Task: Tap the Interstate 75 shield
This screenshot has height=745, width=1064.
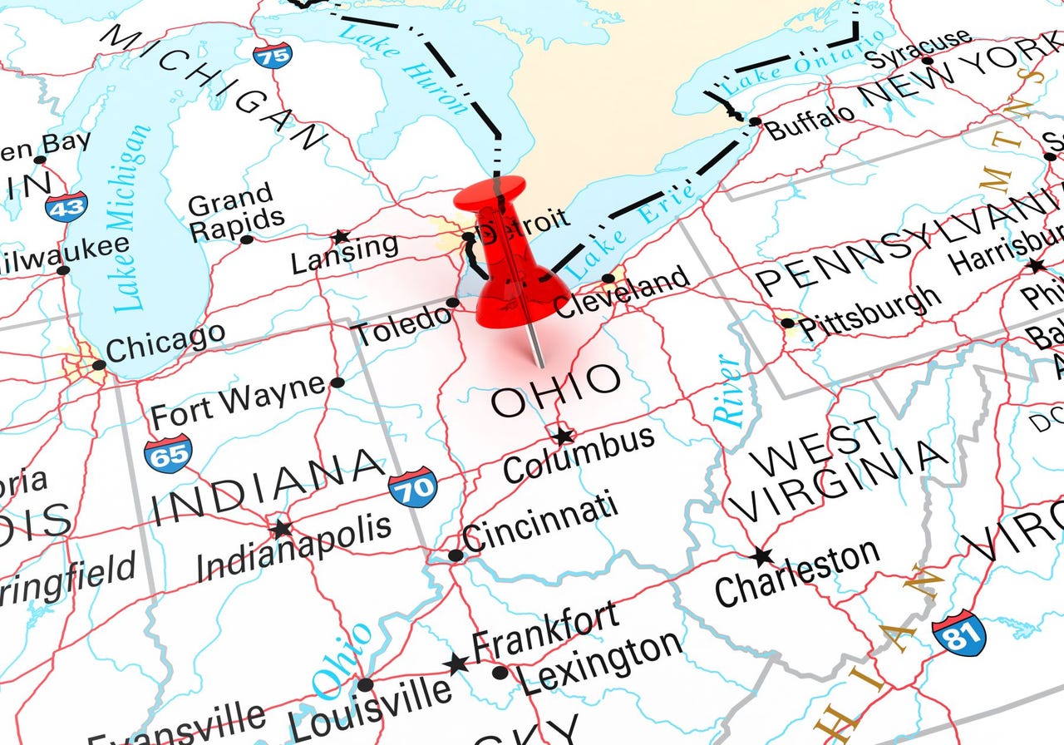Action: point(273,56)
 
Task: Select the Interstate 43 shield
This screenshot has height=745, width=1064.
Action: point(66,205)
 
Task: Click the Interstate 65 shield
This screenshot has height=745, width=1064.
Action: point(168,454)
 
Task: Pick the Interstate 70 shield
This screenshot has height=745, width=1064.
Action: point(413,486)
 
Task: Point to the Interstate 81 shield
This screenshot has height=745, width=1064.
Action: point(958,633)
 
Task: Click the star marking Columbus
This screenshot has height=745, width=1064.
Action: point(564,435)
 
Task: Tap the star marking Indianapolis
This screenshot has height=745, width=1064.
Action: point(281,528)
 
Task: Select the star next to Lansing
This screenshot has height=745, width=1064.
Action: point(339,237)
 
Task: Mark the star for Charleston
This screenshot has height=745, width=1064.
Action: point(761,556)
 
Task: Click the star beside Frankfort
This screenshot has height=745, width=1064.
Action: point(456,664)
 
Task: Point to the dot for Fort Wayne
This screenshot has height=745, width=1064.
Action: point(337,382)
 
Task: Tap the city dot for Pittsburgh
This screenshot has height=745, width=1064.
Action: point(787,323)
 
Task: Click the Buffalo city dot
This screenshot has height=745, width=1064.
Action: point(754,121)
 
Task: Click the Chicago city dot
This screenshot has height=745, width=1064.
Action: point(99,365)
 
